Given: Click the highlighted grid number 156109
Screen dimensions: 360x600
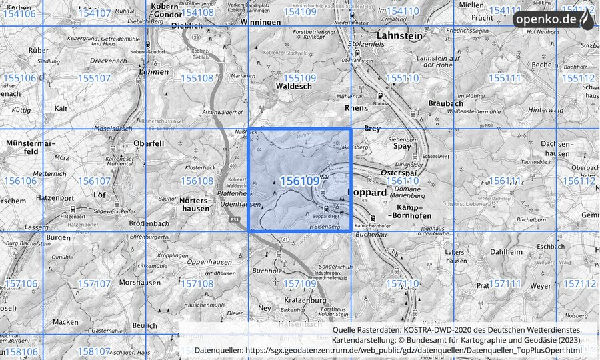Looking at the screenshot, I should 299,181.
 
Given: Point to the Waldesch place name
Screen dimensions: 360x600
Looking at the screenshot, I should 293,87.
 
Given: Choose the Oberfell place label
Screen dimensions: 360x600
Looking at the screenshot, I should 149,143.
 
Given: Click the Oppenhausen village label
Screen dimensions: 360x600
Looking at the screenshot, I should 208,262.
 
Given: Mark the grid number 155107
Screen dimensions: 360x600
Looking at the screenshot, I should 94,79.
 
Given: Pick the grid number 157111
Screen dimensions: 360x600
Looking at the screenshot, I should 505,284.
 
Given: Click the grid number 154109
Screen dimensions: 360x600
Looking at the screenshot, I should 299,12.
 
